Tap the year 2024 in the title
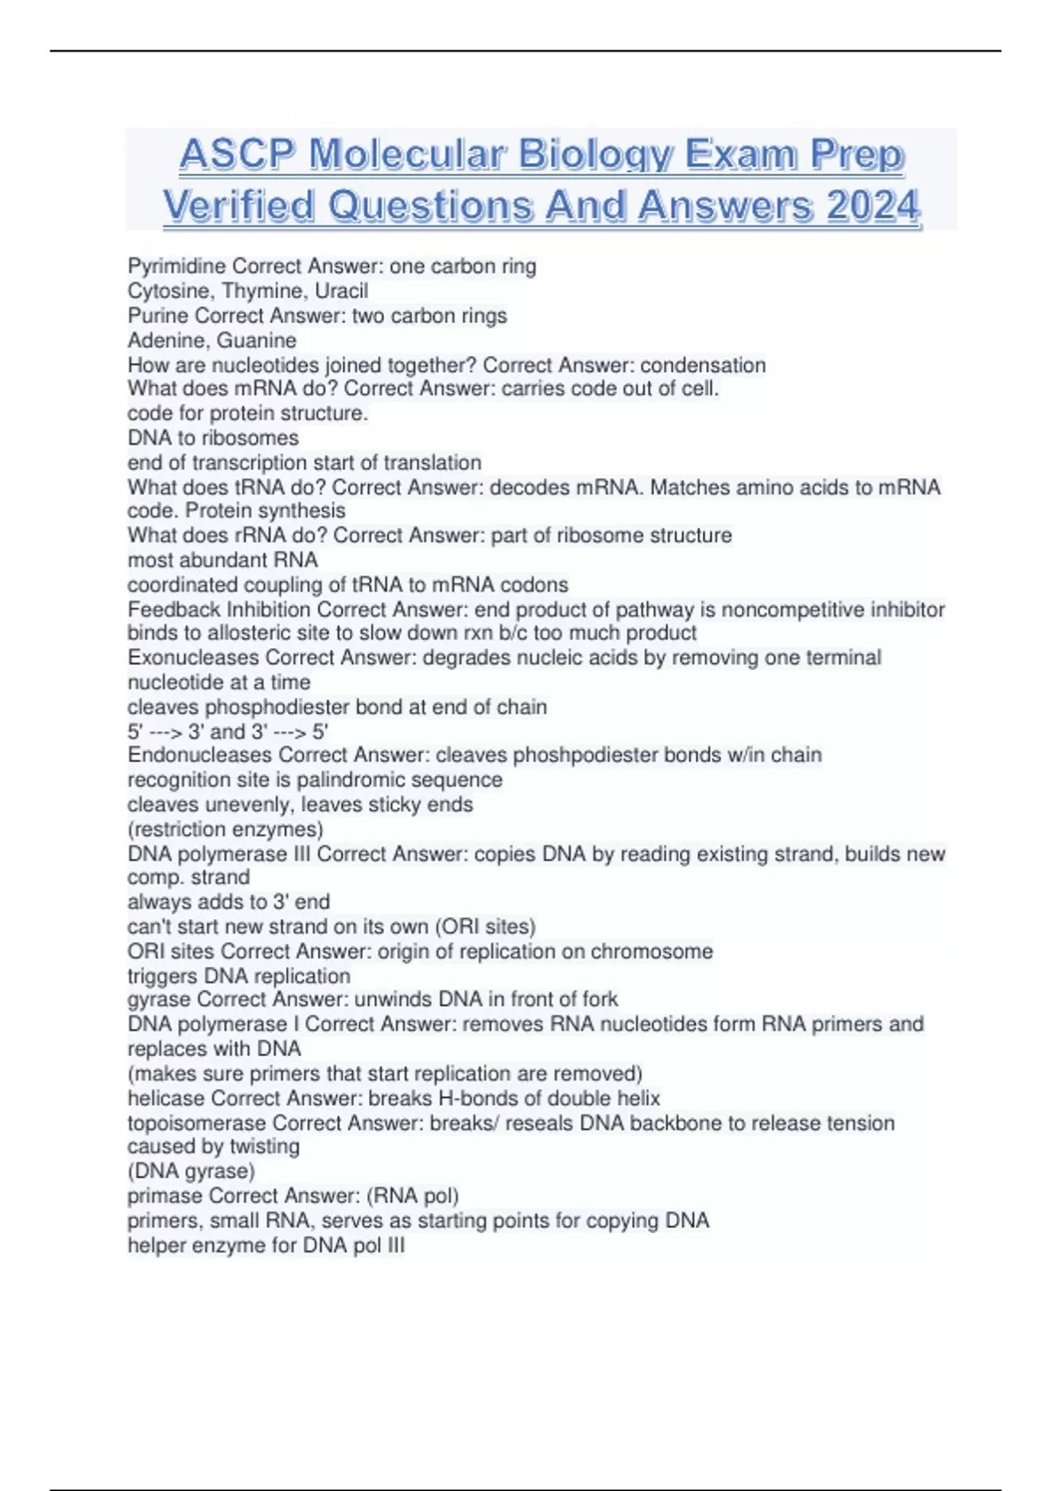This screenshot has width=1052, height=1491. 873,207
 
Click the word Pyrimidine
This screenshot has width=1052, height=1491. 176,266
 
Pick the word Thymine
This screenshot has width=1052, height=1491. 261,290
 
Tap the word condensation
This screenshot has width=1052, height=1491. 703,365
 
